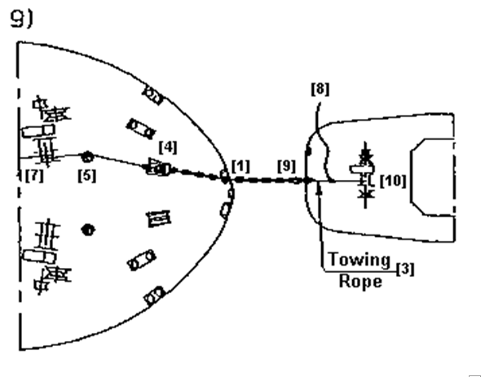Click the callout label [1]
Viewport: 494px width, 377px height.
click(x=240, y=166)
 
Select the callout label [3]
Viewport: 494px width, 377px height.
click(x=405, y=269)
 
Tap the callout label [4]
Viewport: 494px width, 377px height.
click(x=168, y=147)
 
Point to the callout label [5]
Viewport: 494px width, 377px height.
click(x=87, y=176)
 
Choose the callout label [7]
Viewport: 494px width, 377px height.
click(x=34, y=175)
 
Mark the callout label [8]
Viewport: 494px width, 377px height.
click(x=320, y=89)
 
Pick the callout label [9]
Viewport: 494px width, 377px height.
click(x=286, y=166)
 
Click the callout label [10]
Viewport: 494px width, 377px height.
click(x=393, y=181)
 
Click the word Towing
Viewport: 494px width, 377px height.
click(x=359, y=261)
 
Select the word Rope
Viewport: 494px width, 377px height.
click(x=360, y=281)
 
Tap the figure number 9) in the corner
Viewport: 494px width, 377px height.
click(x=21, y=19)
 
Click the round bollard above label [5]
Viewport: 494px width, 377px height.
click(x=87, y=156)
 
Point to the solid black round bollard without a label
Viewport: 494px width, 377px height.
click(x=88, y=230)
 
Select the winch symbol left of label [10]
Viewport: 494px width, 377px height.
click(x=365, y=175)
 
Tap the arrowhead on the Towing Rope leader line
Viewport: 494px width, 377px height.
click(x=320, y=189)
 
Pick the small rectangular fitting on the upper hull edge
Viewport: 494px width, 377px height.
click(x=153, y=94)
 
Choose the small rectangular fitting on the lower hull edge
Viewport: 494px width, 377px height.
click(x=155, y=296)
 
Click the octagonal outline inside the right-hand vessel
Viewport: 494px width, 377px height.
click(x=411, y=177)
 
